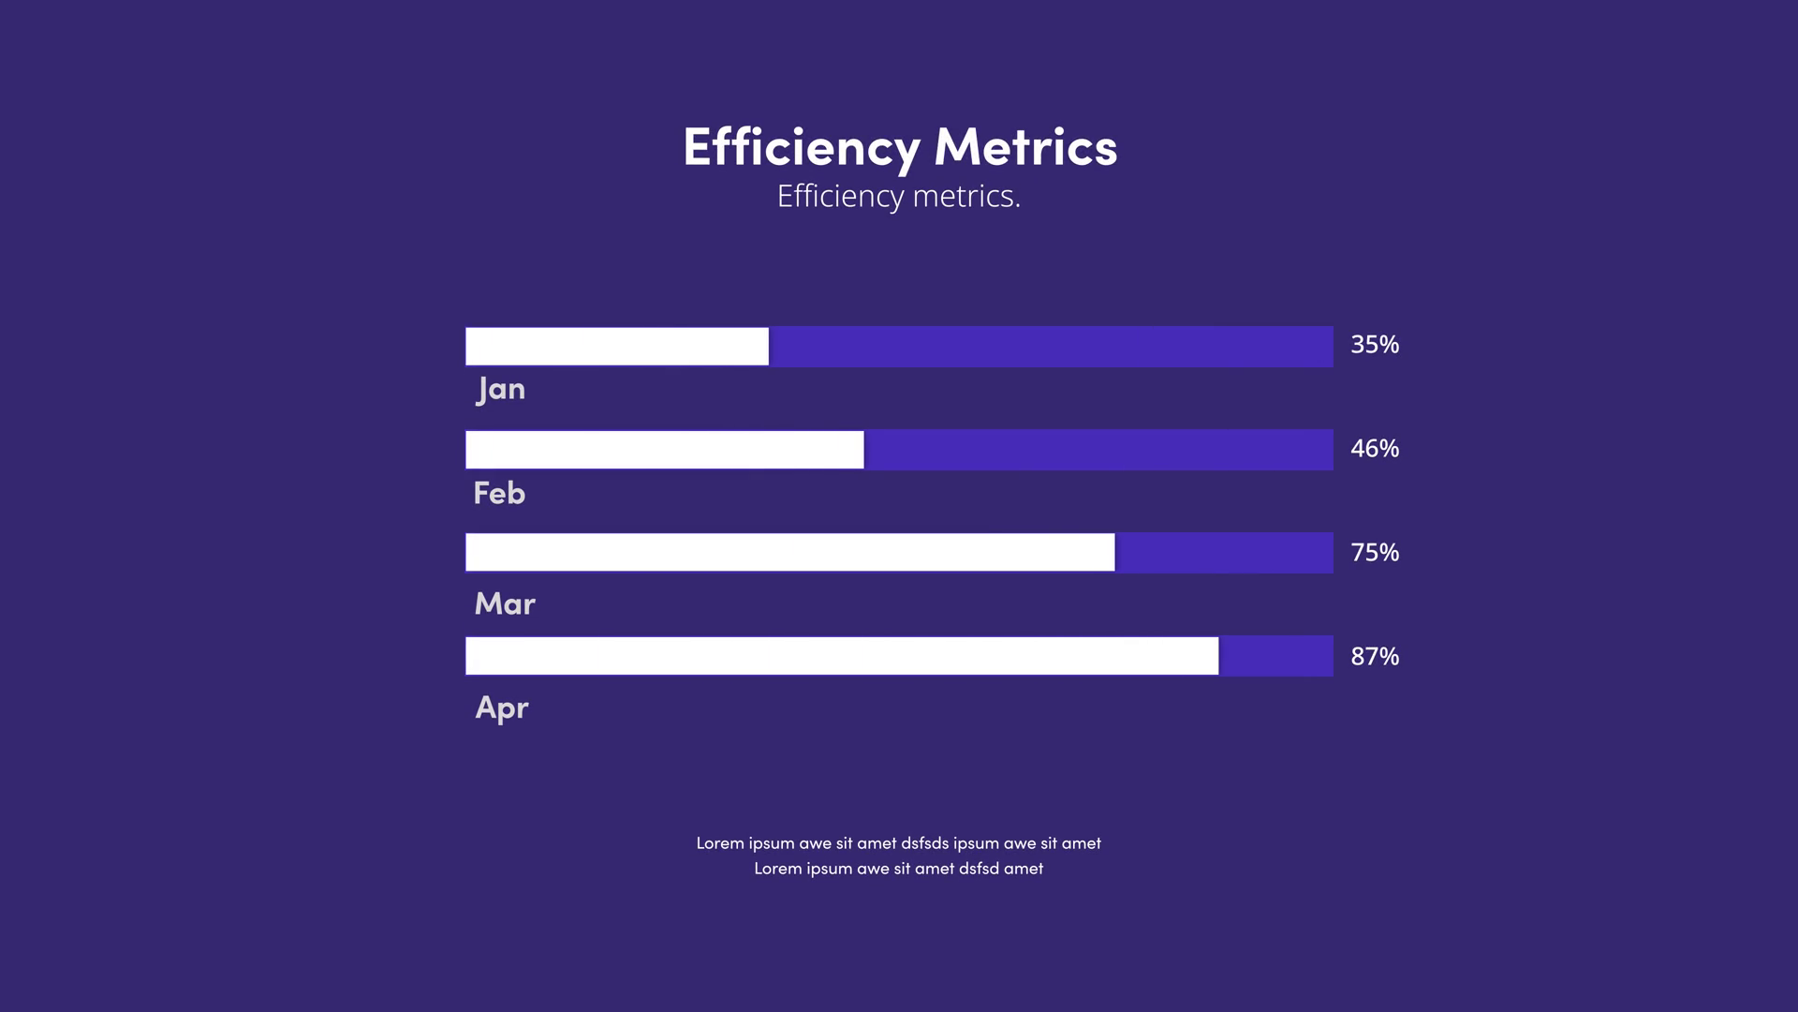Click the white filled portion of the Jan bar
[616, 347]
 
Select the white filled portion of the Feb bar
[664, 450]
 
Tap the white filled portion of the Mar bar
[789, 553]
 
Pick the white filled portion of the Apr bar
[842, 656]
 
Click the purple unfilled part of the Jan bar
[1051, 347]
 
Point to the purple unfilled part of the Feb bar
[1098, 450]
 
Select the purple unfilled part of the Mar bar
[1224, 553]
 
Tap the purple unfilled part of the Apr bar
[1275, 656]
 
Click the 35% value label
[1375, 345]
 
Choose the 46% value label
[1375, 449]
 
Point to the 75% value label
[1375, 553]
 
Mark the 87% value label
[1375, 657]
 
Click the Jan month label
[501, 389]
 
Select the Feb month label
[499, 493]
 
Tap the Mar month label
[505, 603]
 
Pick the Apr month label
[502, 707]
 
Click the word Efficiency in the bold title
[802, 148]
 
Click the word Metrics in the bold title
[1025, 148]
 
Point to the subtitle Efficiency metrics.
[899, 196]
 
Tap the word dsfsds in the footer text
[924, 843]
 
